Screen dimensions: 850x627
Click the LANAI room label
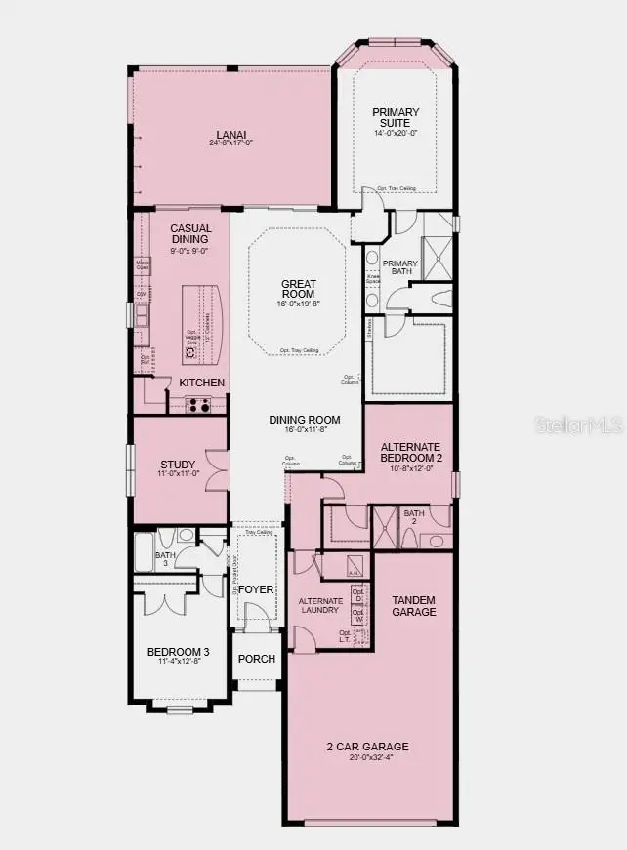pos(231,134)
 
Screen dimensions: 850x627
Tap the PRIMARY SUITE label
pos(396,118)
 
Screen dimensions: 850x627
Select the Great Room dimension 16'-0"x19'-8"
pos(299,304)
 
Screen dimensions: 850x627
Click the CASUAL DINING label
pos(191,234)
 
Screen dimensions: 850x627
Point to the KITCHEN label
pos(201,383)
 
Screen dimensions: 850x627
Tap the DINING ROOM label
pos(306,421)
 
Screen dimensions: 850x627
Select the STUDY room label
pos(178,465)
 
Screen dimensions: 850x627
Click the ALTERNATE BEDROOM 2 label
pos(411,452)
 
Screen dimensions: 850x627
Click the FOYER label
pos(257,589)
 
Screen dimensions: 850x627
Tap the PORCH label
pos(257,659)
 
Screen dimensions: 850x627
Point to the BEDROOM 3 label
pos(178,652)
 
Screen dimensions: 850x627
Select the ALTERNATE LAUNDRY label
pos(320,605)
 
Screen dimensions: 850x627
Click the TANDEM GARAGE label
pos(413,605)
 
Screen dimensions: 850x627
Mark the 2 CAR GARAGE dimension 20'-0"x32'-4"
pos(367,760)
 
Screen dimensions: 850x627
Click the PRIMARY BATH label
pos(400,268)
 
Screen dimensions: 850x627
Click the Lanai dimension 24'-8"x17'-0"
pos(231,143)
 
